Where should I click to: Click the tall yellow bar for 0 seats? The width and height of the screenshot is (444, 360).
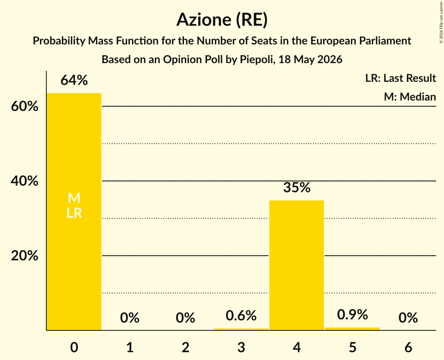pyautogui.click(x=74, y=212)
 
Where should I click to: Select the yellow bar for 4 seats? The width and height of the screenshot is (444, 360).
pyautogui.click(x=297, y=265)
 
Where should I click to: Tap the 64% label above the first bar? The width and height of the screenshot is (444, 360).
pyautogui.click(x=74, y=80)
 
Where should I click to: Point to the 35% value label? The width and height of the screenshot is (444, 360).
pyautogui.click(x=297, y=187)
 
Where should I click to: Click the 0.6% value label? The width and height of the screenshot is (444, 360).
pyautogui.click(x=241, y=316)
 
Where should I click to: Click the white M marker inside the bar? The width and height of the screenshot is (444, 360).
pyautogui.click(x=74, y=198)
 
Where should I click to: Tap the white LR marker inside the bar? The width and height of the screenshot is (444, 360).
pyautogui.click(x=74, y=213)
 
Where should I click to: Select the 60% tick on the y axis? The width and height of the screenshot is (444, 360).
pyautogui.click(x=25, y=106)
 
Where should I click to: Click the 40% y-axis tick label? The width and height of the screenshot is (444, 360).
pyautogui.click(x=25, y=181)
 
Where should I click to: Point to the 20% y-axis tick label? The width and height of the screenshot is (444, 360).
pyautogui.click(x=25, y=256)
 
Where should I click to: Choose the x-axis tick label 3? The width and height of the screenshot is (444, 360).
pyautogui.click(x=241, y=348)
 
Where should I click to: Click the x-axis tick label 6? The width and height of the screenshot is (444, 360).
pyautogui.click(x=408, y=348)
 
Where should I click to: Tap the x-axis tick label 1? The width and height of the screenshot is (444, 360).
pyautogui.click(x=130, y=348)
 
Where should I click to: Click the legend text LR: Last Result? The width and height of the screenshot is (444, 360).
pyautogui.click(x=400, y=78)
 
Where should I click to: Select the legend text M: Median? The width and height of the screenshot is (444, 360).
pyautogui.click(x=410, y=97)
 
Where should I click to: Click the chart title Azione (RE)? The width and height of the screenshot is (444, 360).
pyautogui.click(x=222, y=20)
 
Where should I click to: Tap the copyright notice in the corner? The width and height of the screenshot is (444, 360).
pyautogui.click(x=441, y=22)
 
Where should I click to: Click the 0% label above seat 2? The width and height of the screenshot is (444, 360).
pyautogui.click(x=186, y=318)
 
